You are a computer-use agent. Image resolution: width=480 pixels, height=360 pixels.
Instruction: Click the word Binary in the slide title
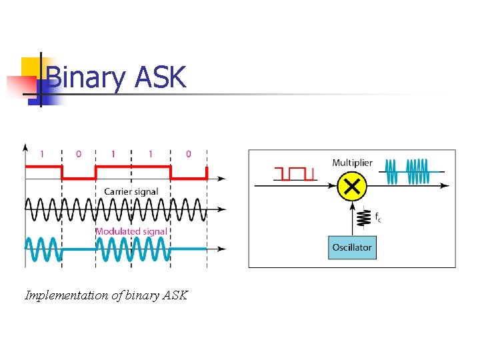[x=86, y=78]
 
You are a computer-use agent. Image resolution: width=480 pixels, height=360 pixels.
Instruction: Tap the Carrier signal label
[x=131, y=191]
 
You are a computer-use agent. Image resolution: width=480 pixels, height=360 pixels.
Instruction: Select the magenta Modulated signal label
[x=131, y=231]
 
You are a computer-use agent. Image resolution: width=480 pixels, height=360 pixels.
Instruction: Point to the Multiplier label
[x=352, y=163]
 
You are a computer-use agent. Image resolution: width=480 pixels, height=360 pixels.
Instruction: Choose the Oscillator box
[x=352, y=247]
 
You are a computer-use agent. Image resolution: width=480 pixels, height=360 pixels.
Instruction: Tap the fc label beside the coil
[x=377, y=217]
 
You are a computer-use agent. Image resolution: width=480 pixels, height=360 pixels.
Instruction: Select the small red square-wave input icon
[x=294, y=173]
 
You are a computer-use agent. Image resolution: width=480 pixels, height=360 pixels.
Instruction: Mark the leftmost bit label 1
[x=43, y=154]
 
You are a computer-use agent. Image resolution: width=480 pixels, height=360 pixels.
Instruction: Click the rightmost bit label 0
[x=188, y=154]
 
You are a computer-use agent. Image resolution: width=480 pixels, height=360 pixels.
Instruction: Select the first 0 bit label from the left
[x=79, y=154]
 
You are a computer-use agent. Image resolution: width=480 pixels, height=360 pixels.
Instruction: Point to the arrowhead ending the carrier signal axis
[x=221, y=209]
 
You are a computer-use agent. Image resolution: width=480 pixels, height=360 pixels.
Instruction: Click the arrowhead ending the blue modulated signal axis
[x=221, y=249]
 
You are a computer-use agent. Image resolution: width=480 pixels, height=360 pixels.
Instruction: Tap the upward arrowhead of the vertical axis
[x=25, y=147]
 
